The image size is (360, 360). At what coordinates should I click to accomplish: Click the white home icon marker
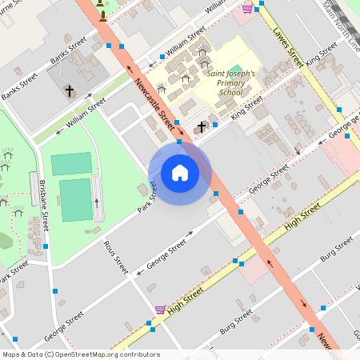click(179, 172)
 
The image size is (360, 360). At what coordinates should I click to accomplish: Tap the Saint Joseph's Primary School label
click(231, 82)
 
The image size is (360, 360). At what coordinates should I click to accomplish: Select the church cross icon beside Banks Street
click(69, 90)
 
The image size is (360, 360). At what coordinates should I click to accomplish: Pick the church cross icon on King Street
click(201, 126)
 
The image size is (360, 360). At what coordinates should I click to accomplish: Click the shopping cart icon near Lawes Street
click(247, 8)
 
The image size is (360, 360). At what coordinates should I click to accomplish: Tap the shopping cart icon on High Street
click(160, 309)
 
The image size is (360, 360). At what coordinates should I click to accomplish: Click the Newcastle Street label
click(154, 104)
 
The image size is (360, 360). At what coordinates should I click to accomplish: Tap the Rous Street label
click(115, 258)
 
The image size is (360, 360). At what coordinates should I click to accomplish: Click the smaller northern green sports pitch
click(71, 164)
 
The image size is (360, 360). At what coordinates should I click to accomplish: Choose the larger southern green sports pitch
click(75, 200)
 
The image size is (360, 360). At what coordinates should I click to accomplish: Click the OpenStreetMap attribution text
click(80, 354)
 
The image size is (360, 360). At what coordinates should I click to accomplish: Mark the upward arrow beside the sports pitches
click(98, 201)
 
